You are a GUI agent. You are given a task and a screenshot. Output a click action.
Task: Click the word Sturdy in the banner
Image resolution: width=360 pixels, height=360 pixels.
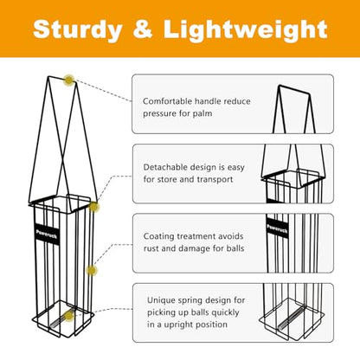coord(78,30)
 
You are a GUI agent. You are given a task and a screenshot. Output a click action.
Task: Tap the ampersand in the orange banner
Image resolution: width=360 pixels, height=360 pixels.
coord(143,29)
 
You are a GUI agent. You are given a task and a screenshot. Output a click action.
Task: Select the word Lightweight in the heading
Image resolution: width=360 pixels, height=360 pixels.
coord(246,30)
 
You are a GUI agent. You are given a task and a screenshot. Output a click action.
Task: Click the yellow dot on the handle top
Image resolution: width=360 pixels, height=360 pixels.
coord(69,80)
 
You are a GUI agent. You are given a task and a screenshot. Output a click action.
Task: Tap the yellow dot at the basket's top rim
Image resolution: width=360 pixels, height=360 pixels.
coord(93,207)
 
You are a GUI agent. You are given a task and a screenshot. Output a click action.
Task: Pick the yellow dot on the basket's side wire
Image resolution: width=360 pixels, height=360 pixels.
coord(92,270)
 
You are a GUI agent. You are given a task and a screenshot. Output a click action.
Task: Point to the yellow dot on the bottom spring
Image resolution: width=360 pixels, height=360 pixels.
coord(69,316)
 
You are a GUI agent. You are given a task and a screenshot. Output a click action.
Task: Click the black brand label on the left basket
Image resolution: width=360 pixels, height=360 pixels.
coord(47,234)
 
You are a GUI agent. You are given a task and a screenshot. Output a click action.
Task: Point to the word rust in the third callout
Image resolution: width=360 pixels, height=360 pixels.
coord(151,248)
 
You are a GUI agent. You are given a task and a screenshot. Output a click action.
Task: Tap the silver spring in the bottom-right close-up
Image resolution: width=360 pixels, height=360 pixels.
coord(291,318)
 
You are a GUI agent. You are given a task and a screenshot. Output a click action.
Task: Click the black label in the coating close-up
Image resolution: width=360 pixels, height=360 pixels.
coord(277,228)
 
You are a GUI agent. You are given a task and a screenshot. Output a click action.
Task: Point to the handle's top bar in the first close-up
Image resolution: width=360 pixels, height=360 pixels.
coord(294,89)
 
